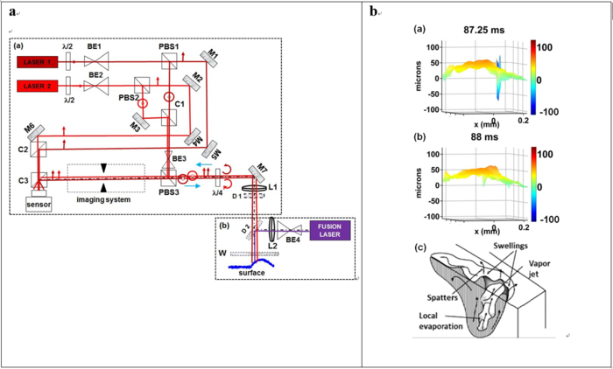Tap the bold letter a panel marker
(10, 11)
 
